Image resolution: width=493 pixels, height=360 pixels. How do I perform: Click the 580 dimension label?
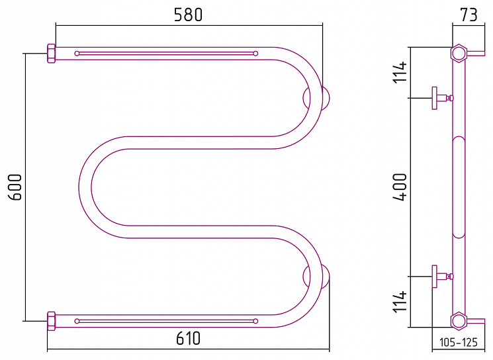188,15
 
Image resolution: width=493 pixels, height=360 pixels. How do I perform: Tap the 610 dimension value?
188,338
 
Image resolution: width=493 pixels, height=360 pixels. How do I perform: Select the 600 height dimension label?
15,187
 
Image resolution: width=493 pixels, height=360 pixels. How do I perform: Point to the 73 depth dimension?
469,15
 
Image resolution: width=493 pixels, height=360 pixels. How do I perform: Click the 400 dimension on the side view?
400,187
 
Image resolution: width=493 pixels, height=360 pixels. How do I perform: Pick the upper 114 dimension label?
400,72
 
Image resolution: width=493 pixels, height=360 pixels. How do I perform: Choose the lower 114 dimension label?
400,302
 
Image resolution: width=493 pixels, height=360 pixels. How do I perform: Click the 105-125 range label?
458,342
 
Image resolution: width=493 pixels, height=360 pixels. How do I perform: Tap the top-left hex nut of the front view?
51,54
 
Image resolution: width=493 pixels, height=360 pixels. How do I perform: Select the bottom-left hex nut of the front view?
51,321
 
